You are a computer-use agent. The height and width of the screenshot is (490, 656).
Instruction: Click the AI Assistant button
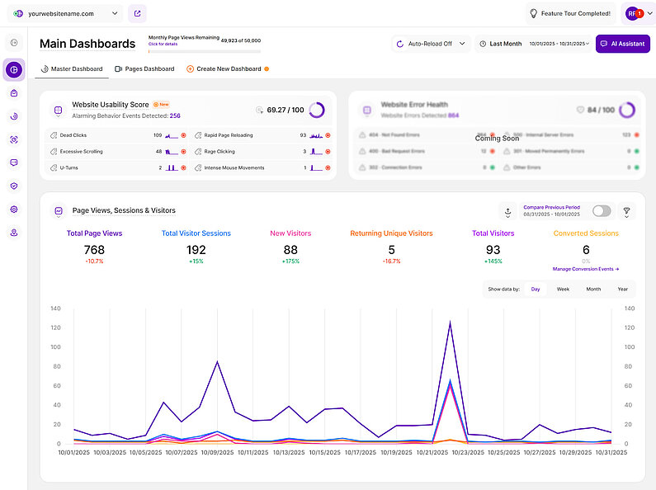[623, 44]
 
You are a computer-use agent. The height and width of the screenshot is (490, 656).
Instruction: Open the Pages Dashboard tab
[144, 68]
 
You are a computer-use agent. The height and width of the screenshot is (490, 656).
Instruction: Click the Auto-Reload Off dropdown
[431, 44]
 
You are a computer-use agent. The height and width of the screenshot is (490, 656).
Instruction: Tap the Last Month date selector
[500, 44]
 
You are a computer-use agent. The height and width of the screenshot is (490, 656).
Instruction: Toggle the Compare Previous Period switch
[602, 211]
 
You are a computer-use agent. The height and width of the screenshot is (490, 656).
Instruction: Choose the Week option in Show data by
[563, 289]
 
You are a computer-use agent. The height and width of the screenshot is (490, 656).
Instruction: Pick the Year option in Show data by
[622, 289]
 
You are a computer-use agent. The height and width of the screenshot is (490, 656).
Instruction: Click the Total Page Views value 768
[94, 249]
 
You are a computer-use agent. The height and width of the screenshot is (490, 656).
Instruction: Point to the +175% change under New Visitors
[290, 261]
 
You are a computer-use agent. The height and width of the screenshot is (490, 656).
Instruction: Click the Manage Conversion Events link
[585, 269]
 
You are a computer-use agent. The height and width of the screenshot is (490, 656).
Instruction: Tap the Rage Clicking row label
[221, 151]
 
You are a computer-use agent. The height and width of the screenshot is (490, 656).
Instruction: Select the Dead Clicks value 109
[157, 134]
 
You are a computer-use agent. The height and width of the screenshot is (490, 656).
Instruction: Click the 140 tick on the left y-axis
[55, 309]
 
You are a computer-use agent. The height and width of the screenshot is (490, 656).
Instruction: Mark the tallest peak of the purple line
[451, 323]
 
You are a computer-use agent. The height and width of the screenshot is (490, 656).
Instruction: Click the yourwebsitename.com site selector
[66, 13]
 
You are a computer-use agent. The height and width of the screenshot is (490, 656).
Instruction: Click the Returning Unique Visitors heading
[391, 233]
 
